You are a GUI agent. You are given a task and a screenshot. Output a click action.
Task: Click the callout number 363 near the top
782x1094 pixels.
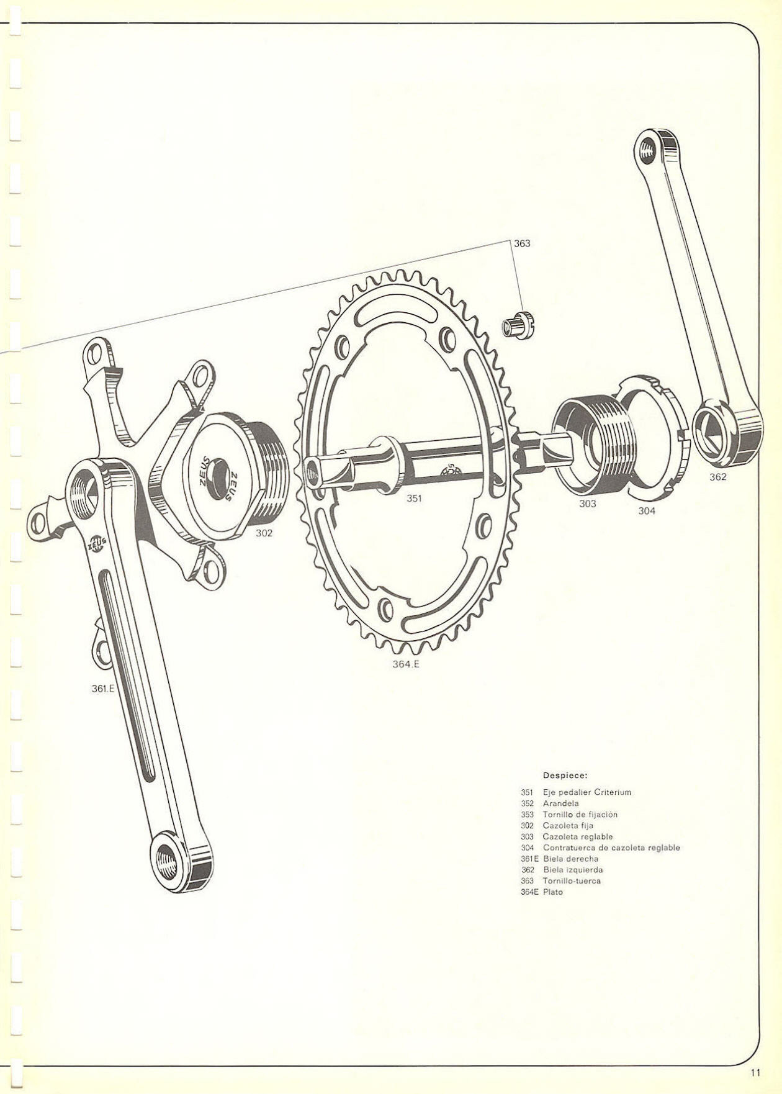522,243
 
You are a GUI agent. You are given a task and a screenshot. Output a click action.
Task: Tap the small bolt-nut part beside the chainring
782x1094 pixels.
518,325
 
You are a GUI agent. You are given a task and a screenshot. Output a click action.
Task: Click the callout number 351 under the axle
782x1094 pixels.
415,498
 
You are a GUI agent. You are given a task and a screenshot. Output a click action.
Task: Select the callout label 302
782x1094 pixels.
264,533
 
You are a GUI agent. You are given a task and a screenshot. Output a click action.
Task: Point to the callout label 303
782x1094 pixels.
588,504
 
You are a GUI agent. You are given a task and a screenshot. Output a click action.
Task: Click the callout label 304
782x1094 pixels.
647,511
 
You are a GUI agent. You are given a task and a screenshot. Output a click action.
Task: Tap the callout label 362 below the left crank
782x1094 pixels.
717,477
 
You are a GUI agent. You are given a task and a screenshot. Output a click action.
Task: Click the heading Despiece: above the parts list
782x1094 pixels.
565,775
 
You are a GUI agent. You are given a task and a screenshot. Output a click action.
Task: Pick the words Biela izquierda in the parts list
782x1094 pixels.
573,870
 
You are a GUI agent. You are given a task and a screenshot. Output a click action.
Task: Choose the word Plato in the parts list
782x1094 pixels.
552,892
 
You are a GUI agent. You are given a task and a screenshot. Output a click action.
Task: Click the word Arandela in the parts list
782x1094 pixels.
560,803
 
